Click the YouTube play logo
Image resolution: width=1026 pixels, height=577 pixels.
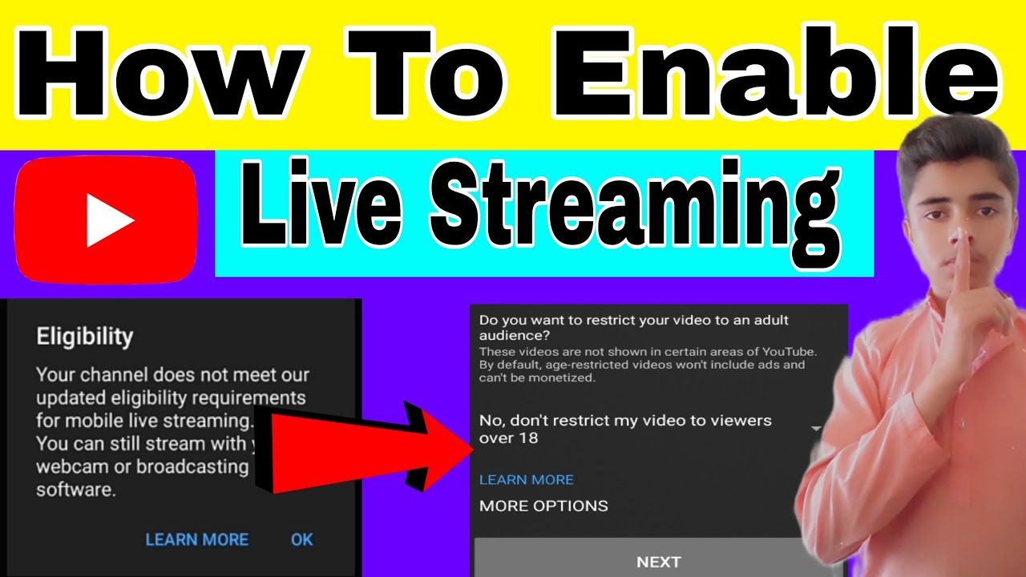(105, 220)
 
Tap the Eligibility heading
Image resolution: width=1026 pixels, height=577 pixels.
(84, 337)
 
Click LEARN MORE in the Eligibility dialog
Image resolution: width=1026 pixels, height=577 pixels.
(196, 539)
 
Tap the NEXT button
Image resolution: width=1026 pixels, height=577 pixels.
(658, 562)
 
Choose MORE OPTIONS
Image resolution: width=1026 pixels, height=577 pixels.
(543, 506)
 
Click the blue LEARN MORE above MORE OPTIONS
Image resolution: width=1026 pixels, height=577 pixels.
(526, 480)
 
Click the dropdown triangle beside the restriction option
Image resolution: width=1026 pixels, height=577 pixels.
(816, 429)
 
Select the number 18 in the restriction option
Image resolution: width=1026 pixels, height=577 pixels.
(528, 438)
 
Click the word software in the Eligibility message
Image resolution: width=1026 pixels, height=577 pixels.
(75, 490)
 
